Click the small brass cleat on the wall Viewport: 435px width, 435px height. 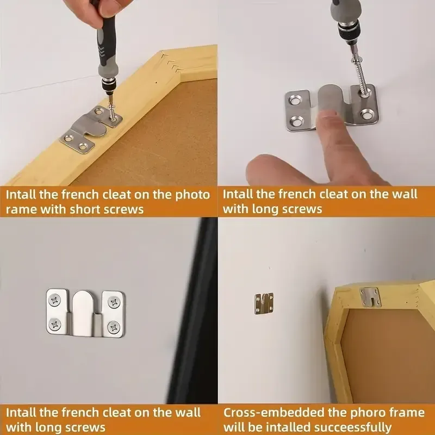[264, 303]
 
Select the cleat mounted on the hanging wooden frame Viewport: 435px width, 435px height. [371, 297]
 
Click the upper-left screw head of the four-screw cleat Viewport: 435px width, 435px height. [55, 300]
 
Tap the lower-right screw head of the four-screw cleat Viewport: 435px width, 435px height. [114, 327]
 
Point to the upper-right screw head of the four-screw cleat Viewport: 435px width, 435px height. [114, 302]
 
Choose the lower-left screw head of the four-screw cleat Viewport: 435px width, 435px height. [55, 324]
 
